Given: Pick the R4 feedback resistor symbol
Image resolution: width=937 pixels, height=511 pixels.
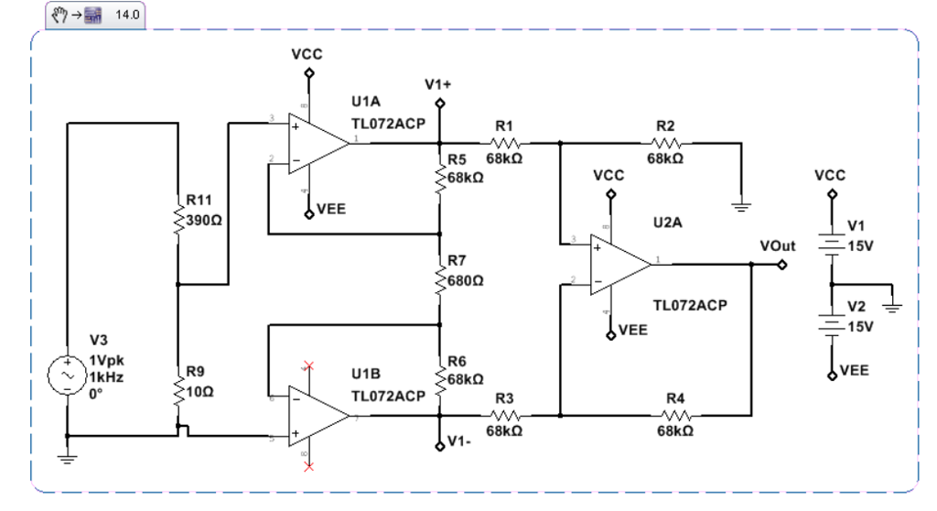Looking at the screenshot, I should point(675,415).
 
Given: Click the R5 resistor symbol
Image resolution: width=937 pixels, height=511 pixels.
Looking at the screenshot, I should point(440,169).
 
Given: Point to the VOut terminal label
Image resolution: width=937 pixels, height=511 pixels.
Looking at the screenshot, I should point(778,245).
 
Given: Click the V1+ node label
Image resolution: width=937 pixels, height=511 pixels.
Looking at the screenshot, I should point(438,84).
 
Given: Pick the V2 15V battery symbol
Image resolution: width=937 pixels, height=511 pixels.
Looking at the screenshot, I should point(831,325).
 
